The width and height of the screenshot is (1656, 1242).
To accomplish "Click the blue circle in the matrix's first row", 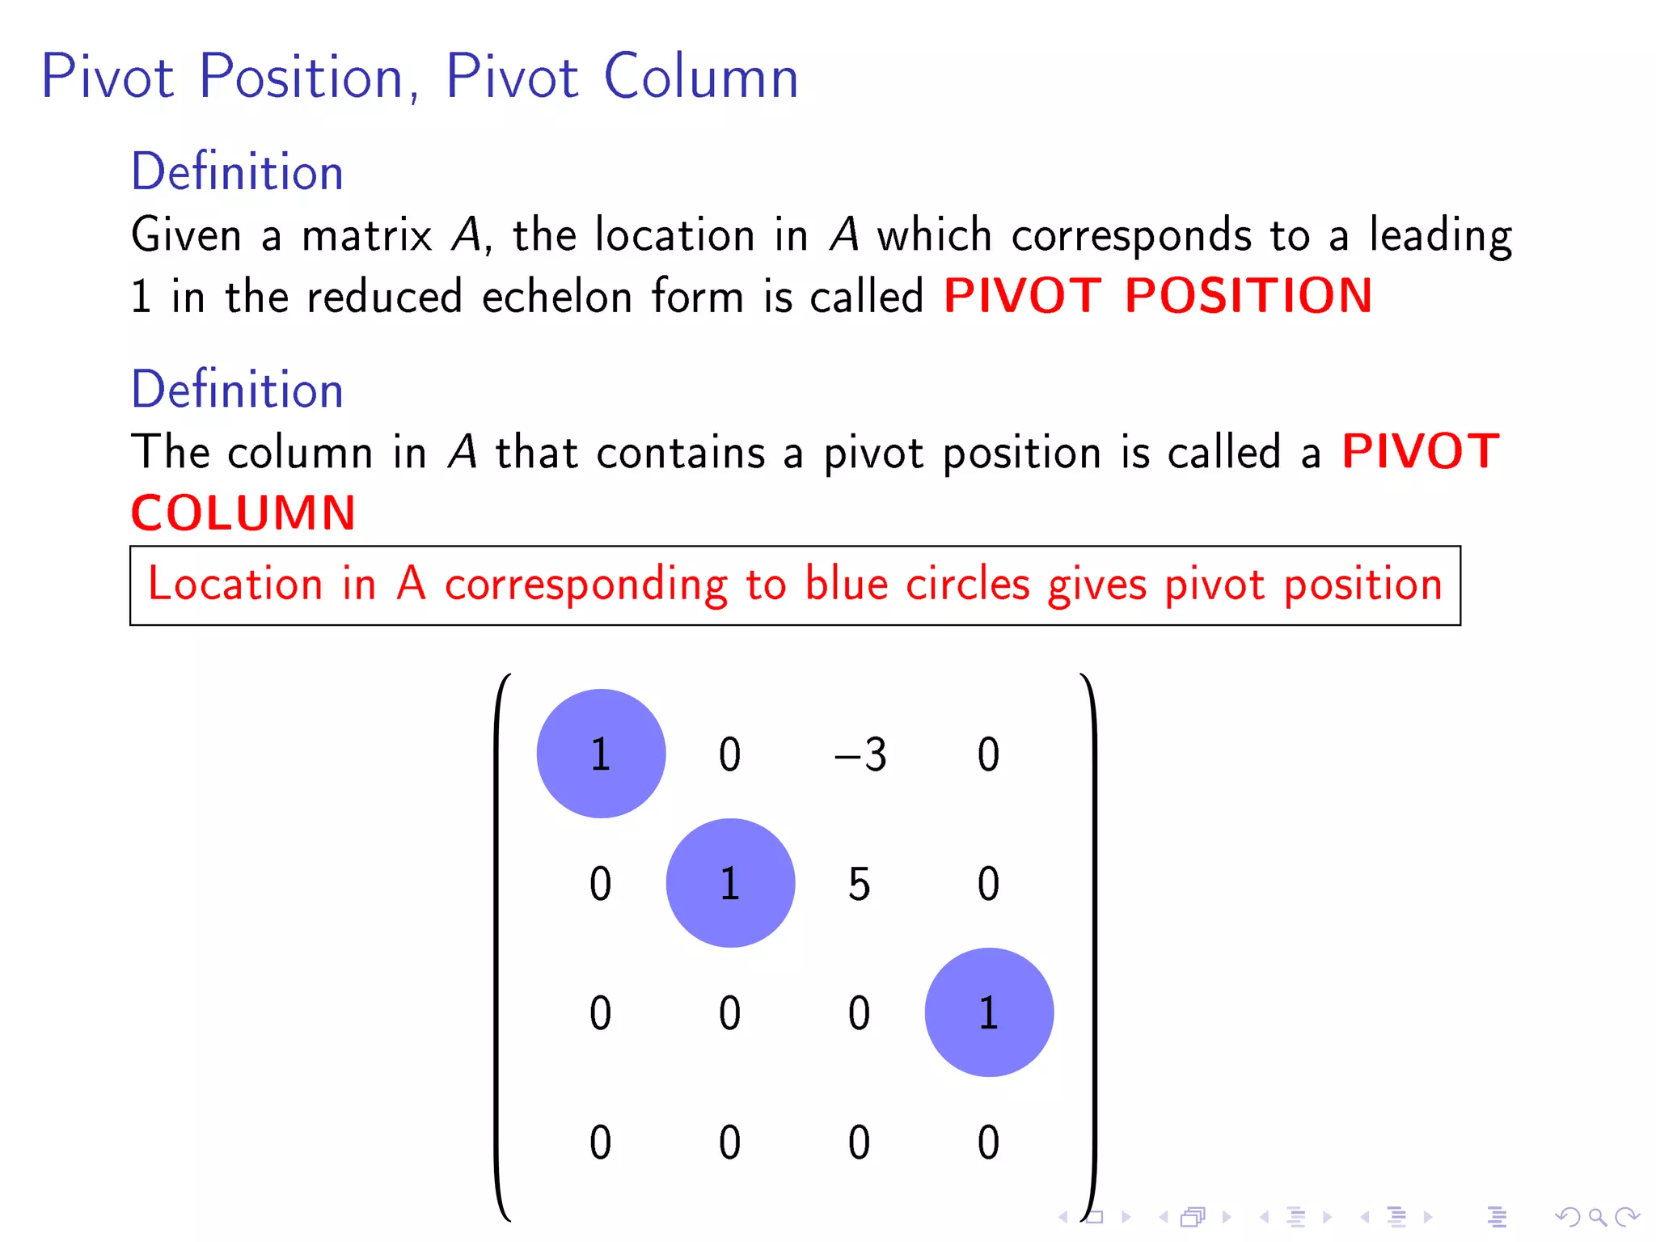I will [x=601, y=754].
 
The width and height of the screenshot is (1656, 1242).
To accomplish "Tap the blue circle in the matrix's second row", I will [x=730, y=883].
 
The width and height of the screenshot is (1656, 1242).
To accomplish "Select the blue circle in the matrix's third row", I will [x=989, y=1012].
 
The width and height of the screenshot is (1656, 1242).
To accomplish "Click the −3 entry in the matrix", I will [x=860, y=754].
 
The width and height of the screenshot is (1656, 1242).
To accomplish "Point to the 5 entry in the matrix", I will [x=859, y=884].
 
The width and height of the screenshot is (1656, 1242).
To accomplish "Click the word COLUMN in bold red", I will [x=243, y=513].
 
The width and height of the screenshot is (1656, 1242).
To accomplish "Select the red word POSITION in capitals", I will [x=1248, y=295].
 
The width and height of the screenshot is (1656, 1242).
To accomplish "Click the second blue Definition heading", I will [x=237, y=389].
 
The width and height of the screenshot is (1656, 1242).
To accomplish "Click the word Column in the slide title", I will [x=701, y=77].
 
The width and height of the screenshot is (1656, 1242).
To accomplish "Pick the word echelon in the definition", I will [x=557, y=296].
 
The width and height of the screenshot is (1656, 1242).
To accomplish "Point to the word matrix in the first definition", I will [x=367, y=235].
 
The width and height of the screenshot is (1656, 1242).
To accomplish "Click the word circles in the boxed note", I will [x=967, y=584].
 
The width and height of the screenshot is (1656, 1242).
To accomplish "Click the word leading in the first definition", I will [x=1439, y=235].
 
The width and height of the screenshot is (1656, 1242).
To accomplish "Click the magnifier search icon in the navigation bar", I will [x=1597, y=1217].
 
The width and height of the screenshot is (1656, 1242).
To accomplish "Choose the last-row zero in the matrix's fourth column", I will [x=988, y=1143].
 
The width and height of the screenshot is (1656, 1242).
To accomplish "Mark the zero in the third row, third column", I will [x=859, y=1013].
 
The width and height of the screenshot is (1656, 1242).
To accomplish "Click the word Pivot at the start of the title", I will [x=108, y=77].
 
